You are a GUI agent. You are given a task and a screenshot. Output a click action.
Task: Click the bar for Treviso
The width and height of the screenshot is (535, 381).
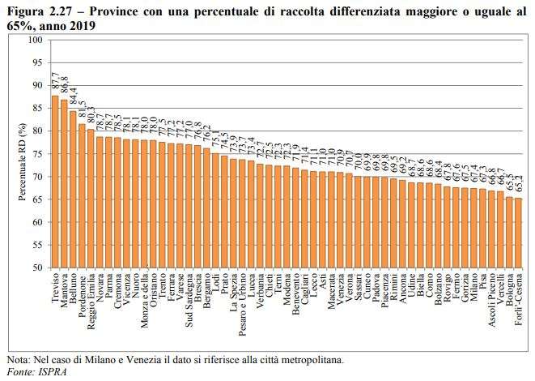55,182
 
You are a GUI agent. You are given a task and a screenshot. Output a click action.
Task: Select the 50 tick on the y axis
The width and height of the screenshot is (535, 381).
37,268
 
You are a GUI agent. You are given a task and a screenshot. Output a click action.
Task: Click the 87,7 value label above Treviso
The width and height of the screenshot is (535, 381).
55,82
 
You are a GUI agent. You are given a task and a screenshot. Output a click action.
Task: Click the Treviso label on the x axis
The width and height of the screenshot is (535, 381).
55,288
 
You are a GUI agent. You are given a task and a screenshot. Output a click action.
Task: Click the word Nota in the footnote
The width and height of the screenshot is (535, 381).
17,358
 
